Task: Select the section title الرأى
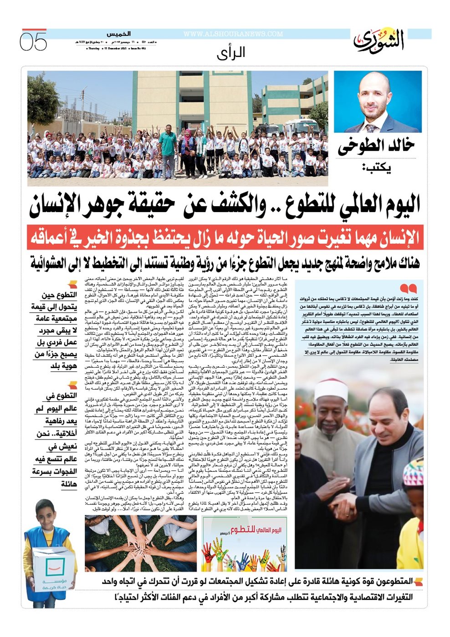pos(231,53)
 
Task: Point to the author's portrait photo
pos(378,102)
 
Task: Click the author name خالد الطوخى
pos(376,146)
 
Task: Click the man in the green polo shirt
pos(168,146)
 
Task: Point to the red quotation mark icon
pos(408,288)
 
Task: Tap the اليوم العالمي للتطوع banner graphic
pos(245,543)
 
